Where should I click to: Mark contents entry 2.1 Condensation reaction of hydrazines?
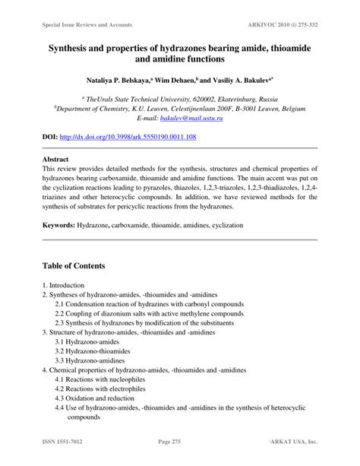(x=149, y=303)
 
